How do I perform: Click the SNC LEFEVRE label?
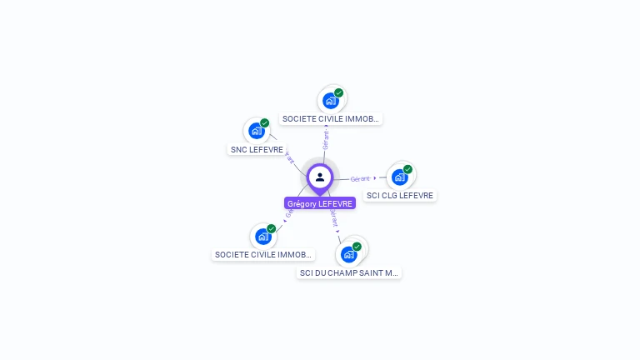[x=257, y=150]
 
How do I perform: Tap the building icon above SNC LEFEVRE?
[x=257, y=131]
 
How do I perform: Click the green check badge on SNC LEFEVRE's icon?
[x=265, y=123]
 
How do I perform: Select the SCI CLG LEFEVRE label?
[x=400, y=196]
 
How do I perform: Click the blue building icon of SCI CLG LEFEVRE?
[x=400, y=177]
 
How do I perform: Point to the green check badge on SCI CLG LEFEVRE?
[x=407, y=169]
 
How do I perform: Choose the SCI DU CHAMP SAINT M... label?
[x=349, y=272]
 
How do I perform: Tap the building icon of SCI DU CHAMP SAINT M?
[x=348, y=254]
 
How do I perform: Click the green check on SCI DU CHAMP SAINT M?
[x=357, y=247]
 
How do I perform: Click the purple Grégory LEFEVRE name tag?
[x=320, y=203]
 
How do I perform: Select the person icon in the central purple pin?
[x=320, y=177]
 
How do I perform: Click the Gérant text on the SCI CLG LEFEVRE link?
[x=360, y=178]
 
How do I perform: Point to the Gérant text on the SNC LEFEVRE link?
[x=290, y=157]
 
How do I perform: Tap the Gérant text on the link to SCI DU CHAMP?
[x=334, y=218]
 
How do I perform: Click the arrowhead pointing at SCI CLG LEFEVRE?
[x=375, y=177]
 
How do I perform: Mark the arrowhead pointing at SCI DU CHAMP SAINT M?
[x=338, y=232]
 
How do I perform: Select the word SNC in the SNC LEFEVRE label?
[x=240, y=150]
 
